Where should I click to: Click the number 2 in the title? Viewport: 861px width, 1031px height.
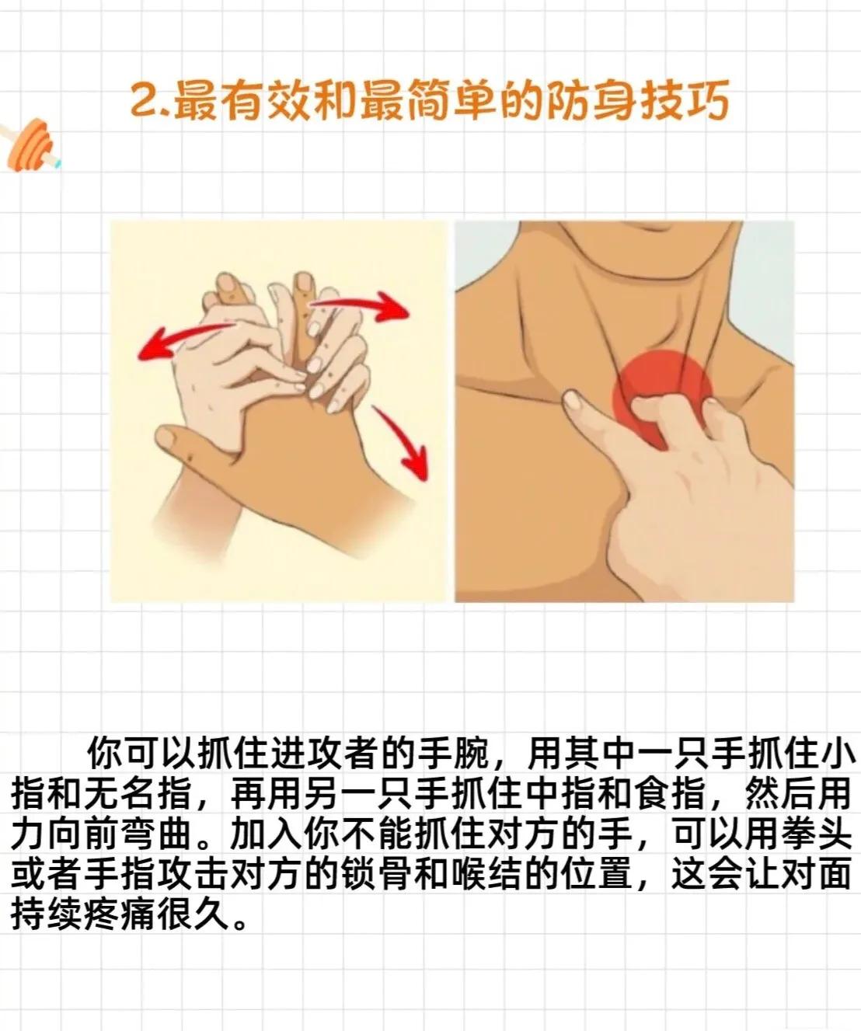pyautogui.click(x=144, y=102)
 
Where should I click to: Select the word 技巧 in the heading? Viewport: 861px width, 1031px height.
pyautogui.click(x=683, y=102)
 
